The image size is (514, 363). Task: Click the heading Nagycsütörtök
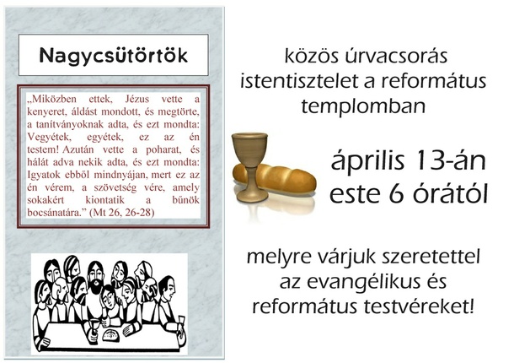point(114,55)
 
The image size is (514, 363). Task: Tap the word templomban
point(363,106)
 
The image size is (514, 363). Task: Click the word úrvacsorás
point(396,56)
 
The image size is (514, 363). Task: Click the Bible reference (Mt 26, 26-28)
point(121,213)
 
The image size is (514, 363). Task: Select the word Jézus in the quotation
point(137,99)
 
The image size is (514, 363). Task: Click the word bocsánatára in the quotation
point(56,213)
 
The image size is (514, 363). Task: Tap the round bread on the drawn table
point(111,335)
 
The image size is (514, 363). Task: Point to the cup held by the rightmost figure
point(181,322)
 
